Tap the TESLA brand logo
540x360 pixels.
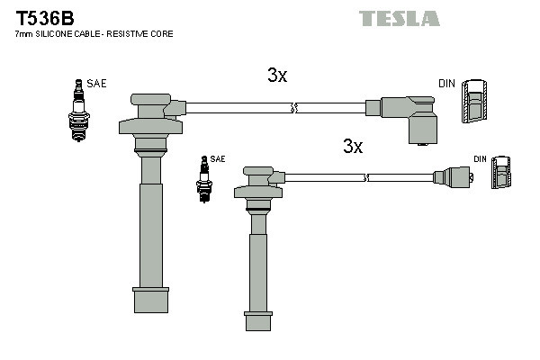coord(399,18)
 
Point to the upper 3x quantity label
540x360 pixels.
coord(277,76)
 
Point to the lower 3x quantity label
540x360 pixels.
coord(352,147)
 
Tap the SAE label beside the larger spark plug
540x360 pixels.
coord(97,84)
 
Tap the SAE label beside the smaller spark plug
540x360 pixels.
coord(218,158)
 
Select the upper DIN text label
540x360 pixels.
coord(446,84)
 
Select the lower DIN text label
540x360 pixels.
coord(480,159)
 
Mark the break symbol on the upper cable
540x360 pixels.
coord(293,109)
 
